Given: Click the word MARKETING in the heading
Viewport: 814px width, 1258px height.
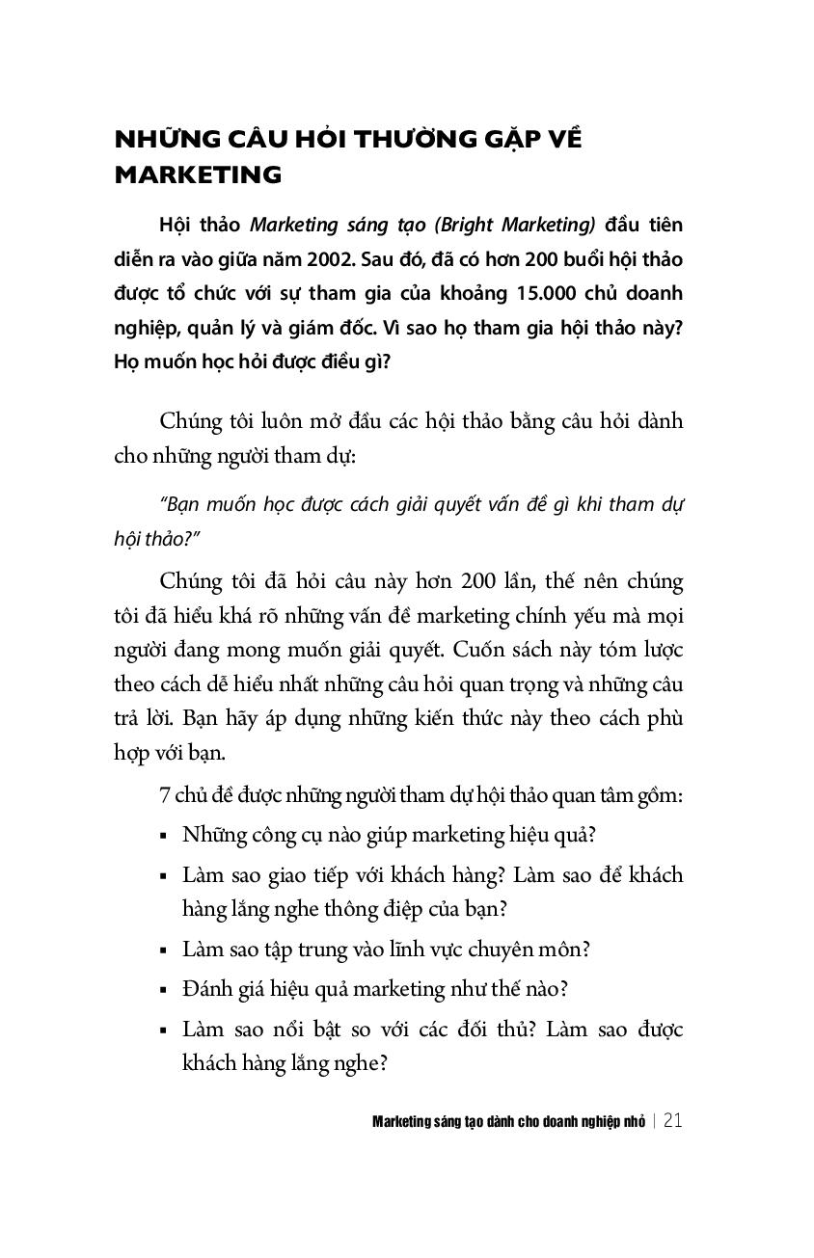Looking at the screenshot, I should [x=198, y=175].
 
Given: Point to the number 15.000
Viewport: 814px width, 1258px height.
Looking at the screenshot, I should [x=502, y=292].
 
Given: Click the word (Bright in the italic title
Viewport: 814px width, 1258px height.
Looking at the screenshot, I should [x=464, y=226].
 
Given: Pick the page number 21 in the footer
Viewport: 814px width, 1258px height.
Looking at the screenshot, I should [x=673, y=1121].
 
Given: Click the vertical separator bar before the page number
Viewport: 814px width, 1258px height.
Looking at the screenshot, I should [x=654, y=1121].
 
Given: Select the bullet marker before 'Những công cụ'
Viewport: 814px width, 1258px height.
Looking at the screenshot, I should [x=165, y=836].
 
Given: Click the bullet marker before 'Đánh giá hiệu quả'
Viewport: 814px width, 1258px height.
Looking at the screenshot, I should [x=165, y=990].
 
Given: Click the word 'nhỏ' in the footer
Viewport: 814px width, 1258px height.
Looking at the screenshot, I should [x=632, y=1121].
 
